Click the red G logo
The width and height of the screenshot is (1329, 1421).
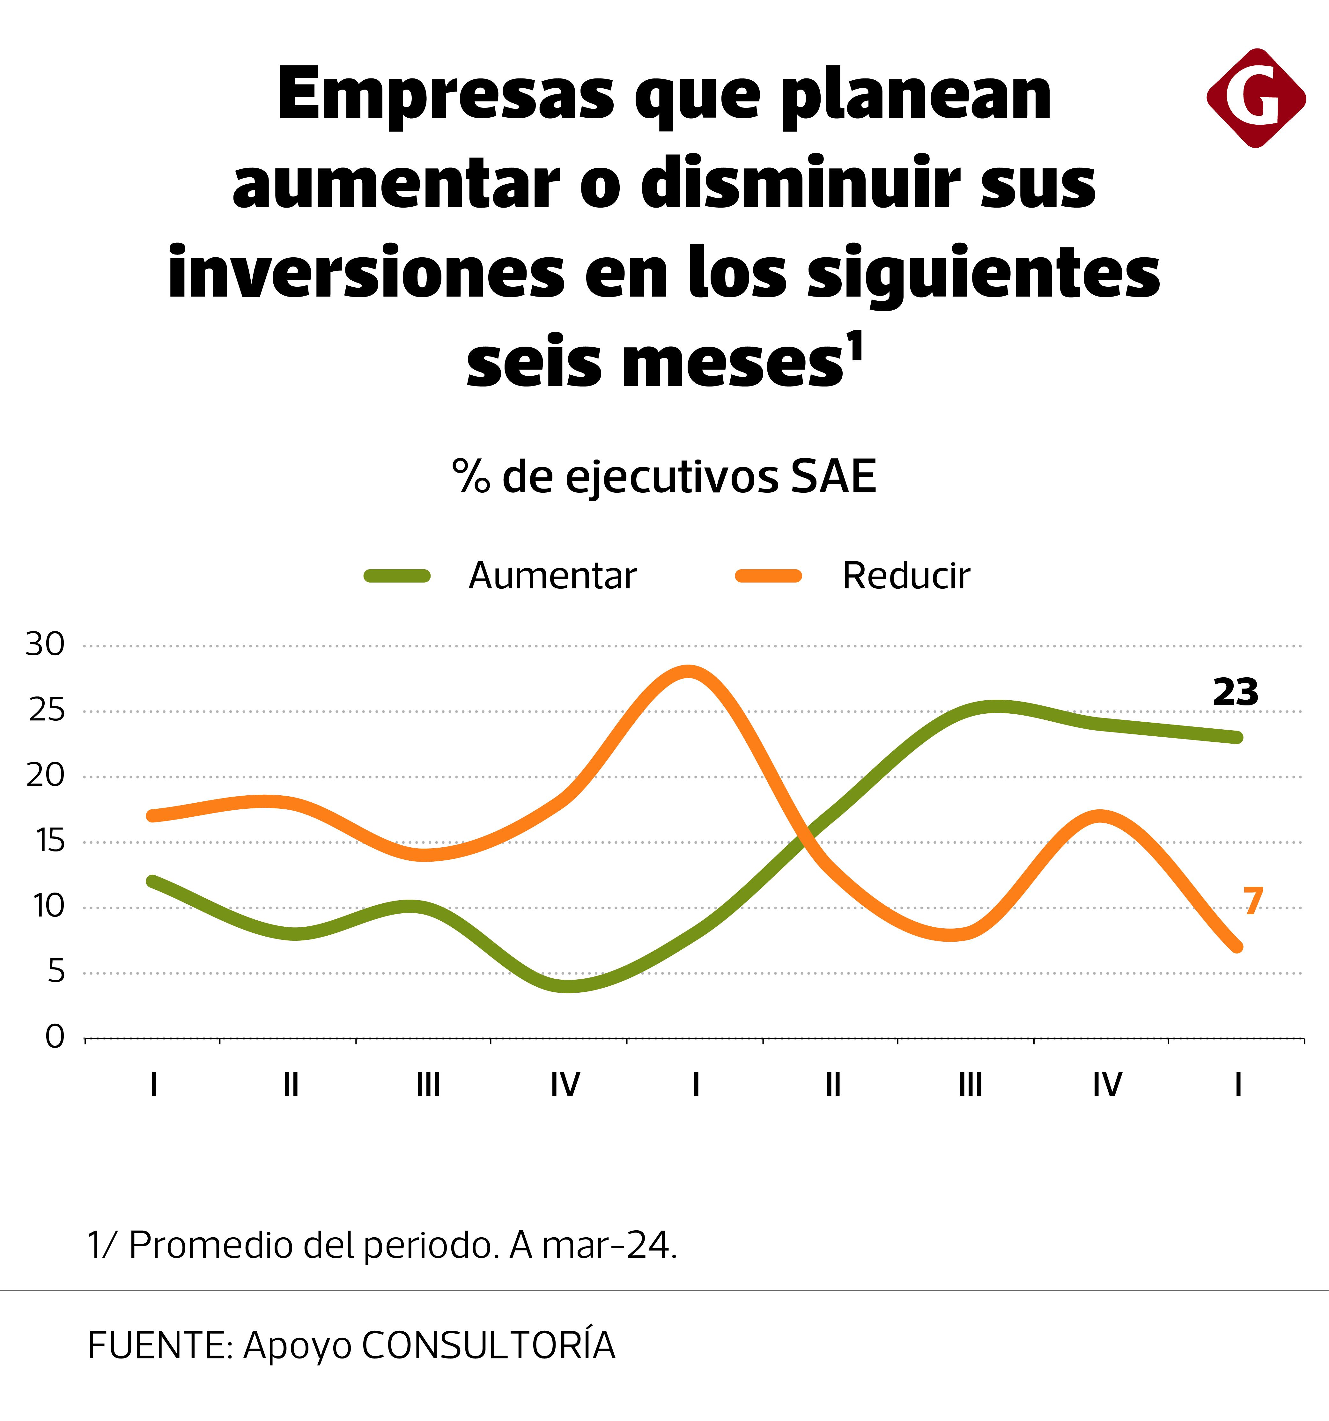tap(1255, 98)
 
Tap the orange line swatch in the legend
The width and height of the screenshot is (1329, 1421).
tap(769, 576)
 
